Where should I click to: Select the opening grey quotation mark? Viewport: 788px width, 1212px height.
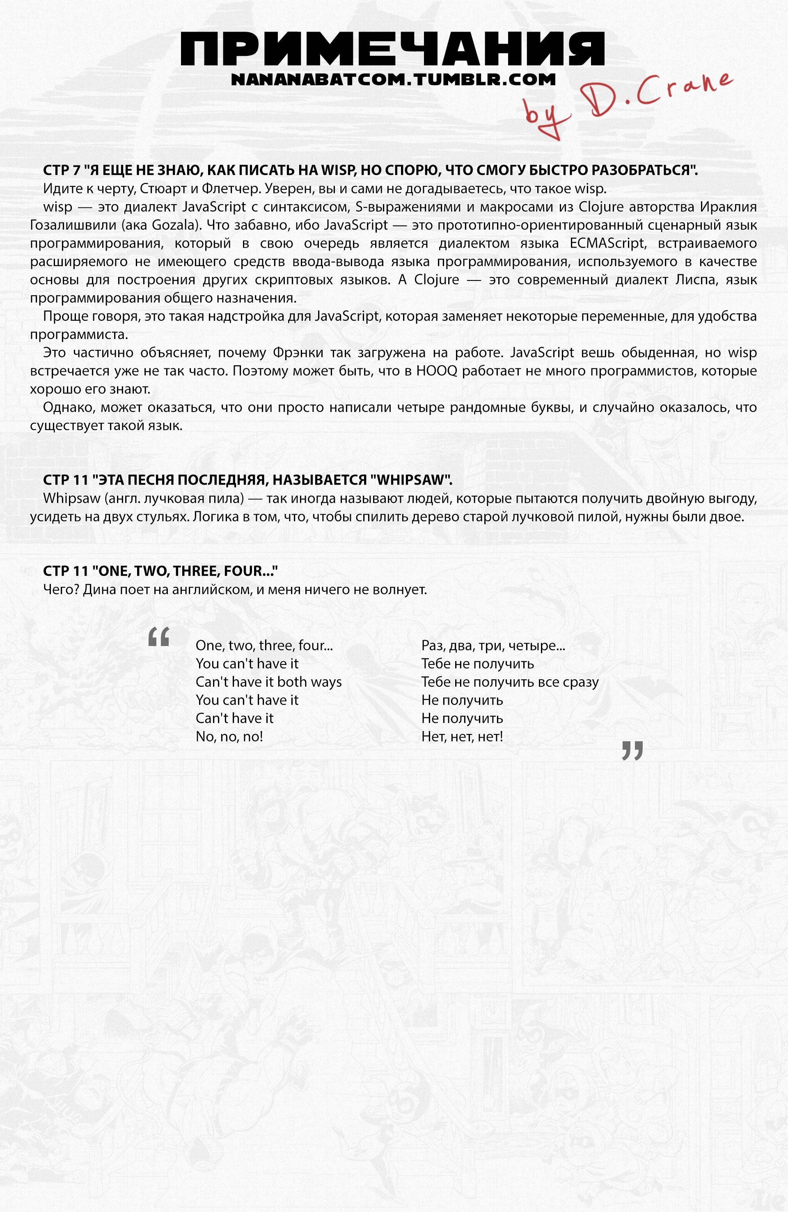[x=158, y=637]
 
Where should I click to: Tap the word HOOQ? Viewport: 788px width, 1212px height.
[x=436, y=371]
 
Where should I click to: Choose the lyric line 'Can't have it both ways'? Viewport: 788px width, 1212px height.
[x=269, y=682]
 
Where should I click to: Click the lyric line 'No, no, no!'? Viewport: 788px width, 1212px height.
[x=229, y=736]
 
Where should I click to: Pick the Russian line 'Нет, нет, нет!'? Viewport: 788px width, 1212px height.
[x=462, y=736]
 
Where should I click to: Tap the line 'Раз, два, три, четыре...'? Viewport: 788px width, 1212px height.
[x=493, y=646]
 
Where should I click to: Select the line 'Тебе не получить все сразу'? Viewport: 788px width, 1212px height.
[x=510, y=682]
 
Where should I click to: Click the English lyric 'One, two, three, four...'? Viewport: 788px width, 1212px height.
[x=264, y=646]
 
